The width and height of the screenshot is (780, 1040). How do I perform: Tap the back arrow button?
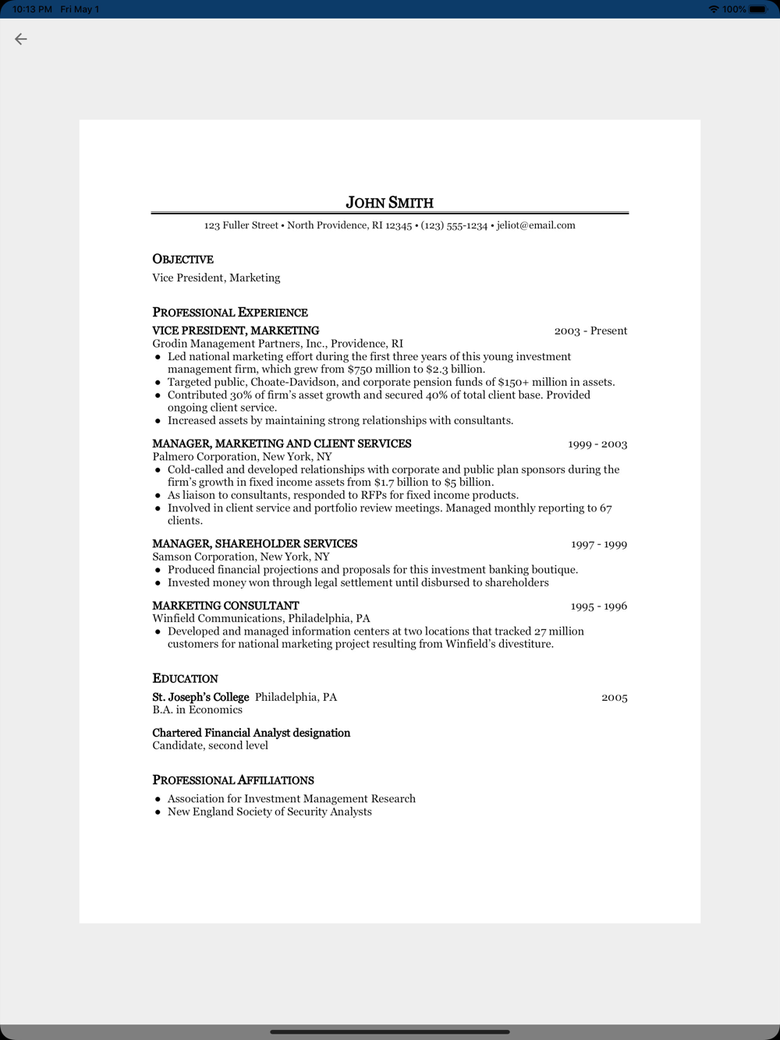pos(21,39)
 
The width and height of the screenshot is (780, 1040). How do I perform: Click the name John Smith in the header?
pos(389,203)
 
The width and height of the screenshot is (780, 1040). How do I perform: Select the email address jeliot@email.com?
pos(536,225)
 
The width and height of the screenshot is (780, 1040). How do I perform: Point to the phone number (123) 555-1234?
pos(454,225)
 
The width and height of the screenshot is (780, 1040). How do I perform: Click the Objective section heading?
pos(183,259)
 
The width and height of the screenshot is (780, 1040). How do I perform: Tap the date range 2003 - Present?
pos(590,331)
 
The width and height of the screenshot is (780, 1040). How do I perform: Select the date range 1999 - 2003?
pos(597,444)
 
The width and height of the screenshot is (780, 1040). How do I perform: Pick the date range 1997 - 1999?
pos(599,544)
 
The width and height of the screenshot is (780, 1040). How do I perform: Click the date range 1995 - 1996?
pos(599,606)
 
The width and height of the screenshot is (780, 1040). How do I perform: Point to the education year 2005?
pos(615,697)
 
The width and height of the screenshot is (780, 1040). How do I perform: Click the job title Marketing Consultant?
pos(225,606)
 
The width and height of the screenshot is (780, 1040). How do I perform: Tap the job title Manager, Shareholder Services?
pos(254,543)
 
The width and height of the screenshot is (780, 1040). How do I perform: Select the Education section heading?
pos(185,678)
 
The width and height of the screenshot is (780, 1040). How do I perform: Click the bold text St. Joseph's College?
pos(200,697)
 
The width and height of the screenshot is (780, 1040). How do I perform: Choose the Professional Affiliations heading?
pos(233,780)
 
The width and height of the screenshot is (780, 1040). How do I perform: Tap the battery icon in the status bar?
pos(757,9)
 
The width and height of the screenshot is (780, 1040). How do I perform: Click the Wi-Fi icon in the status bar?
pos(713,9)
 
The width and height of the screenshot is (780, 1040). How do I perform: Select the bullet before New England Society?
pos(158,812)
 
